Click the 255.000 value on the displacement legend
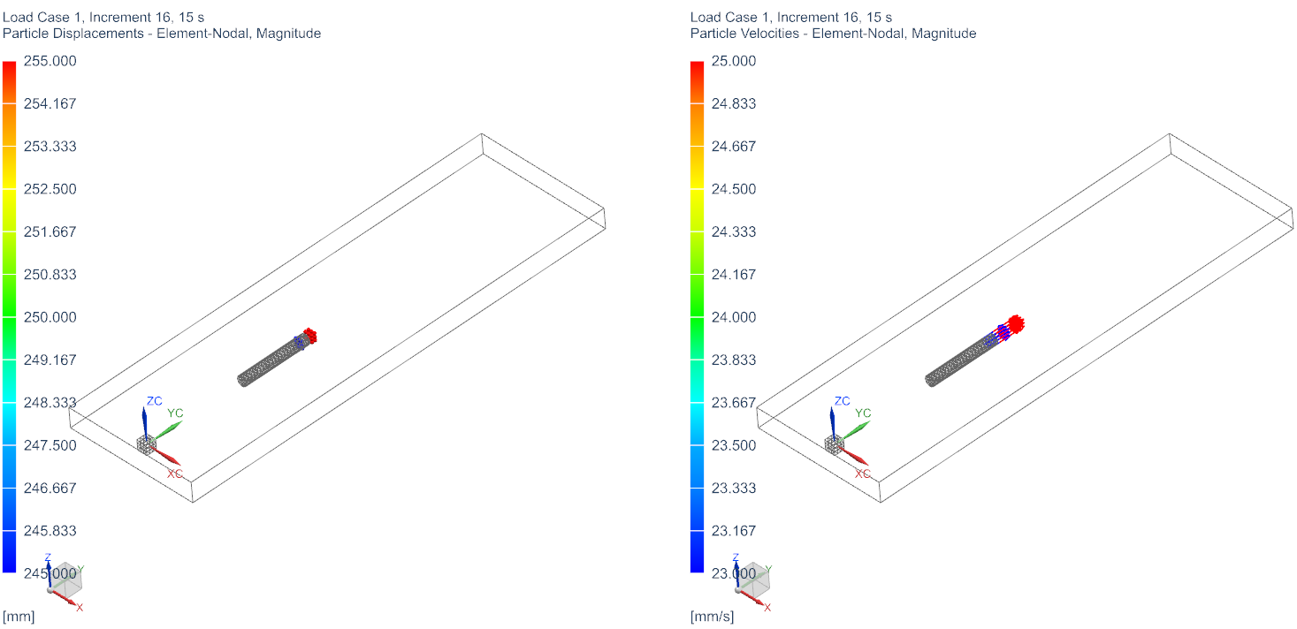coord(50,61)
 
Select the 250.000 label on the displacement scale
coord(50,317)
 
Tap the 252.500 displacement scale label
coord(50,189)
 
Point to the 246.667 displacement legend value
coord(50,488)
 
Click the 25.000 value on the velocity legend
coord(734,61)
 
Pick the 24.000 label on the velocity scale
coord(734,317)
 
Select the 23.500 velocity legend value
coord(734,445)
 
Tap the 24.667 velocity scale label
coord(734,147)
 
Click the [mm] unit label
coord(19,617)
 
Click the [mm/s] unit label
coord(713,617)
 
